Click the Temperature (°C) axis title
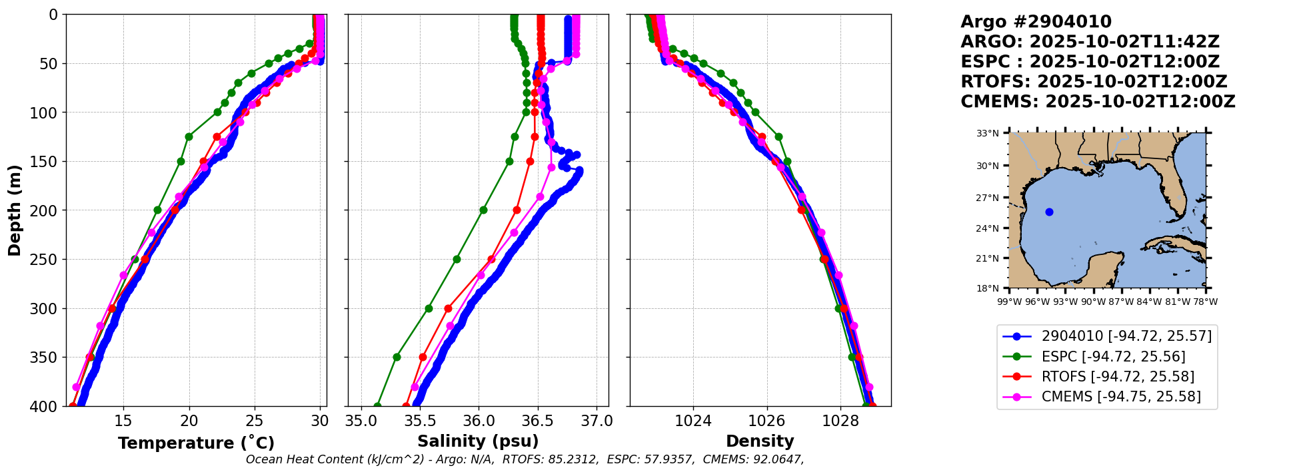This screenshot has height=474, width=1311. [196, 443]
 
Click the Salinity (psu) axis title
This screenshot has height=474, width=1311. [478, 441]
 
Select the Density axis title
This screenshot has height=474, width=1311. [760, 441]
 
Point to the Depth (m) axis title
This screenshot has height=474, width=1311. [15, 210]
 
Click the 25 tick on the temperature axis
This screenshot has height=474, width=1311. [255, 421]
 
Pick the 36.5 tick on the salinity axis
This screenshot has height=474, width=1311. [537, 421]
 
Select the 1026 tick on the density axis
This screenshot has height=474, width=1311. [766, 421]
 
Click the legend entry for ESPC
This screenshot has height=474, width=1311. [1113, 357]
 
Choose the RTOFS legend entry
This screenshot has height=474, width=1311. [1118, 377]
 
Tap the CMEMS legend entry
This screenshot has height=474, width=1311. [1121, 397]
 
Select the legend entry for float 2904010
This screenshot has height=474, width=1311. [1126, 336]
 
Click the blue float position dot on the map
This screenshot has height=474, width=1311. [1049, 212]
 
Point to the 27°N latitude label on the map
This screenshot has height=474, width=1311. [987, 198]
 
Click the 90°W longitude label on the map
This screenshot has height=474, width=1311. [1093, 302]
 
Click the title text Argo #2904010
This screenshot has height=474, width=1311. [1036, 22]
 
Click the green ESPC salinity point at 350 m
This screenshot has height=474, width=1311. [397, 357]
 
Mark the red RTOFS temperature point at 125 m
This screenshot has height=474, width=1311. [217, 136]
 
